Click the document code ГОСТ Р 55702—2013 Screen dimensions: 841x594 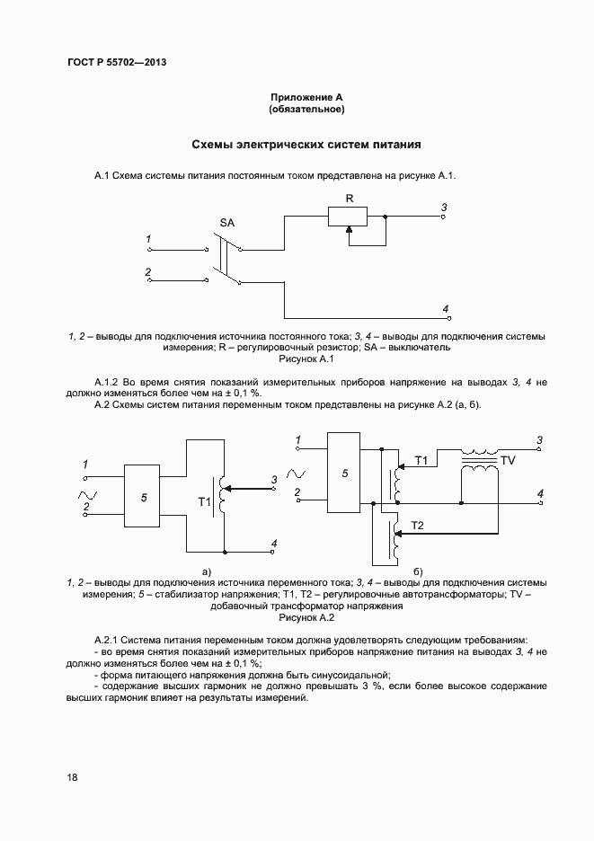point(117,63)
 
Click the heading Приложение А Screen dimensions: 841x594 point(307,96)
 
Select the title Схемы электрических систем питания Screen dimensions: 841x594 point(307,144)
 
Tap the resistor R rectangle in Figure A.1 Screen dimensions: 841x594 point(348,217)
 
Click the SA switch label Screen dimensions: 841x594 point(228,222)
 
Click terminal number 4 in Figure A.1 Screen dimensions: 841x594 point(446,309)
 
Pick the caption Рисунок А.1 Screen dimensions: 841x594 point(307,359)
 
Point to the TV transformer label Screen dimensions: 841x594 point(508,460)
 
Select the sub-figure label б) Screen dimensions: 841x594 point(418,571)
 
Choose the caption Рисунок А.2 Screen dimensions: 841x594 point(307,618)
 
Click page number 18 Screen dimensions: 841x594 point(72,777)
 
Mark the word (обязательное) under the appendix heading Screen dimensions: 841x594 point(307,109)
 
